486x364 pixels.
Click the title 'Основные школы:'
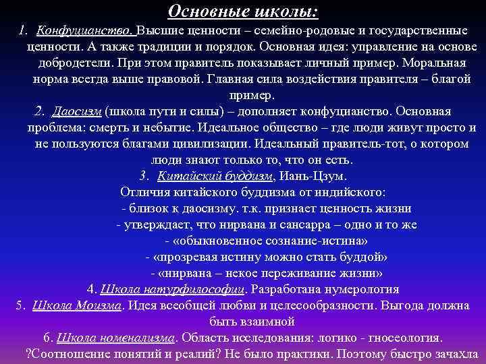pyautogui.click(x=243, y=11)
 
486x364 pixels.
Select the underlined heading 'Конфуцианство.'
pyautogui.click(x=86, y=31)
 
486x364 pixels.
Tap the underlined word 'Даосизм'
pyautogui.click(x=76, y=111)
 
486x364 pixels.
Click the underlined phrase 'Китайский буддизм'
pyautogui.click(x=215, y=176)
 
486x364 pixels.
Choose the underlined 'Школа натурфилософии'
pyautogui.click(x=173, y=289)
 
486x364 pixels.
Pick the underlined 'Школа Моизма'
pyautogui.click(x=78, y=305)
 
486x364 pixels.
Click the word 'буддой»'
pyautogui.click(x=364, y=257)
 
